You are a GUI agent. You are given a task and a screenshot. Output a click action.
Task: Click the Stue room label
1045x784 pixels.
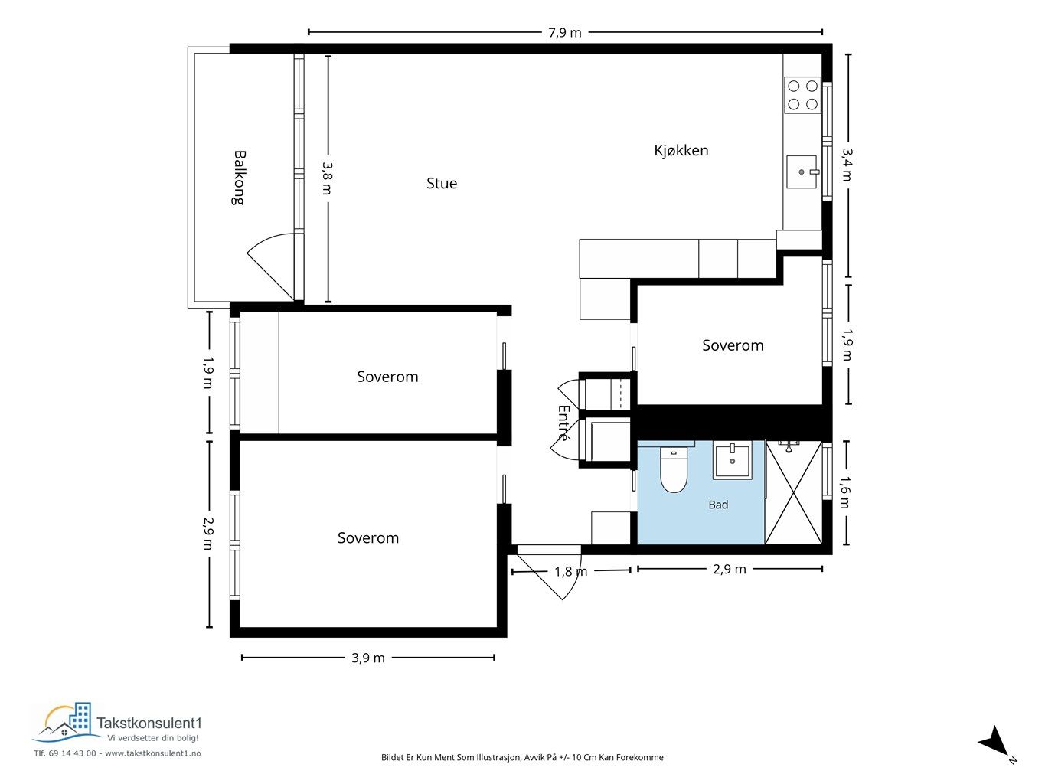point(441,183)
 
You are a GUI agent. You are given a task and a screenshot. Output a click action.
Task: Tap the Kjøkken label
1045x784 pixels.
point(681,150)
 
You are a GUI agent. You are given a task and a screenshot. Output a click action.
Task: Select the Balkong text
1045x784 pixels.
point(239,178)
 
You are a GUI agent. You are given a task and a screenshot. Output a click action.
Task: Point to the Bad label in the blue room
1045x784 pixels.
point(718,505)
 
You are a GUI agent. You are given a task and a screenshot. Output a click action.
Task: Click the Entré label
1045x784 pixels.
point(563,423)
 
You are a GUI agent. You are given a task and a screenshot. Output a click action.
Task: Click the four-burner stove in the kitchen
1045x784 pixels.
point(802,95)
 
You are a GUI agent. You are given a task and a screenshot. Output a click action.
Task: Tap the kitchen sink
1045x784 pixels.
point(802,171)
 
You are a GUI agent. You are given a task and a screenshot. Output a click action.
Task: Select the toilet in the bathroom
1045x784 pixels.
point(674,470)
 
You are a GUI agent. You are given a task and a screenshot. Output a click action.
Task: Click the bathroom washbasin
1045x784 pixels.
point(732,460)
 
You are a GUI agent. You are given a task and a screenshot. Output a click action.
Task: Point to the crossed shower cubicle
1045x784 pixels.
point(793,492)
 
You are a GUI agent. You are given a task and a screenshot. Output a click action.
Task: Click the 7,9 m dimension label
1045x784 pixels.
point(565,32)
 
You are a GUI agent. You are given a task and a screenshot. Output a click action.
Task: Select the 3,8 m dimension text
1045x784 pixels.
point(328,178)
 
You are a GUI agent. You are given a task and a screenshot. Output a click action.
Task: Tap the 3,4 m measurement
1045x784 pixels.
point(847,165)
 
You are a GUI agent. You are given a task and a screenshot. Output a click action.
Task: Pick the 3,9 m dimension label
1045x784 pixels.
point(368,658)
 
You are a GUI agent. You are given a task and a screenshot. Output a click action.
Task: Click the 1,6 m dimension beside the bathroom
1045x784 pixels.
point(845,492)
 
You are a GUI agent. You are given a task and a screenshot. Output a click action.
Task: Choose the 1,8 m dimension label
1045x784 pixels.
point(570,571)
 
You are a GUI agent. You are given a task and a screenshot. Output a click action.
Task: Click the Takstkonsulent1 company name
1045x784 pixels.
point(149,723)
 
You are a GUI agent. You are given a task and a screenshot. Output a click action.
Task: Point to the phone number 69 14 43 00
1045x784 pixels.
point(72,753)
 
